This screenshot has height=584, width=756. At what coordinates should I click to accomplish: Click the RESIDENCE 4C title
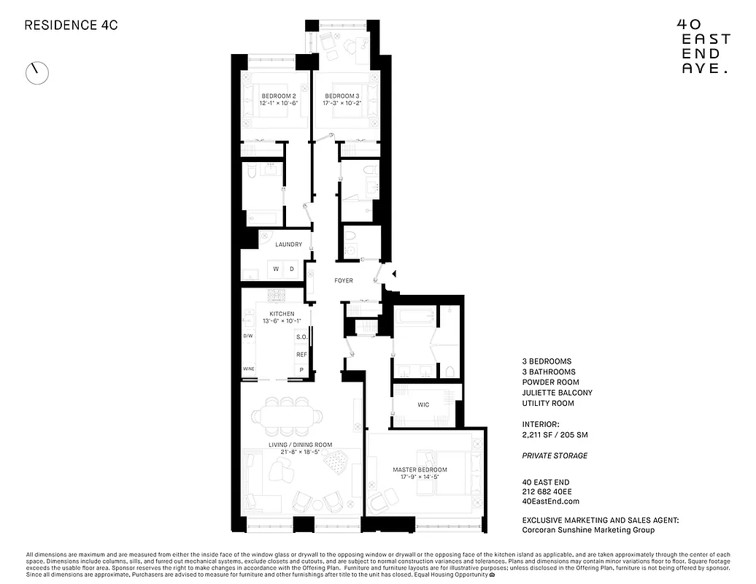71,25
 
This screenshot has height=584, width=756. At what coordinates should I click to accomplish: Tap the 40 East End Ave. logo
703,45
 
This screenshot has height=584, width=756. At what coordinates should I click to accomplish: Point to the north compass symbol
37,72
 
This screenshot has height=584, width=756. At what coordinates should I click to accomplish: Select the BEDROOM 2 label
279,96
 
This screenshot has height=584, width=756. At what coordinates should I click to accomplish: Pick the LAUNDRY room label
288,245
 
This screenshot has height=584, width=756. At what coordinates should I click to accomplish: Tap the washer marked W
277,269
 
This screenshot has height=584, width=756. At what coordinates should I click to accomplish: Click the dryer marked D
292,269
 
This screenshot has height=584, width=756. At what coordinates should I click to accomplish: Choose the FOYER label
344,280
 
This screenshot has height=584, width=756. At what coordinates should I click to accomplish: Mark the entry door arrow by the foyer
393,274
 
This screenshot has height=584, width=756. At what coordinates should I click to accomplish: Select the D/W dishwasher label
248,337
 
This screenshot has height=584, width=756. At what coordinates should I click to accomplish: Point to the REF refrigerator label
301,354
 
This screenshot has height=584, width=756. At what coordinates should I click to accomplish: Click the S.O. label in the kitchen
301,337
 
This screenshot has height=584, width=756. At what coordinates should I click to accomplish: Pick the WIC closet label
424,404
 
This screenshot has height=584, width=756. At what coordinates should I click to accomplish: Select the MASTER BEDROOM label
420,469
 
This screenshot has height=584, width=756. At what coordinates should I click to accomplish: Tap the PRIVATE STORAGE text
555,456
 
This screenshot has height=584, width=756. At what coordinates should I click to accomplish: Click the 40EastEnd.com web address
551,502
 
